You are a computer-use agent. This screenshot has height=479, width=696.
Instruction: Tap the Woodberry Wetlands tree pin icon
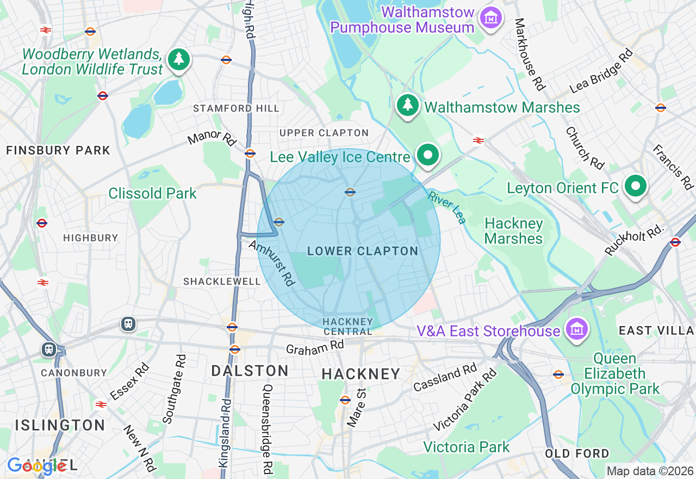coord(179,59)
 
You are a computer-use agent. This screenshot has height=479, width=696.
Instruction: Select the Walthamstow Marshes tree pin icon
coord(407,105)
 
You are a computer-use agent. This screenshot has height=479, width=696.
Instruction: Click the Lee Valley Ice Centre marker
coord(428,155)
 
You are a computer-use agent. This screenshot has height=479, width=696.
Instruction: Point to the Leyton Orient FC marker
coord(635,186)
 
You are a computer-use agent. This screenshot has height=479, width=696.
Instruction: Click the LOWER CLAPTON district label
coord(363,251)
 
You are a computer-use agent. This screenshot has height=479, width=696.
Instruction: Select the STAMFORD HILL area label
coord(236,108)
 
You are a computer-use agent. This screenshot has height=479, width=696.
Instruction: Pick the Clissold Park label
coord(152,193)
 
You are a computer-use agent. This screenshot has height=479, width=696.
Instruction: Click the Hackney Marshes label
coord(513,231)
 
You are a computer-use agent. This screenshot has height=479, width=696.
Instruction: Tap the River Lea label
coord(447,207)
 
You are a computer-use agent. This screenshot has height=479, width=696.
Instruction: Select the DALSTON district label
coord(250,371)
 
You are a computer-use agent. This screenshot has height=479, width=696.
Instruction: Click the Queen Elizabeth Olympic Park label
coord(615,374)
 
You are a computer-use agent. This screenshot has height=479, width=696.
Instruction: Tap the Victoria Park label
coord(466,447)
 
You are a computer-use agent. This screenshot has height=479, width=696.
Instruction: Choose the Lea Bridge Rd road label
coord(601,71)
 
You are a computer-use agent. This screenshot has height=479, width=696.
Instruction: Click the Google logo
coord(37,466)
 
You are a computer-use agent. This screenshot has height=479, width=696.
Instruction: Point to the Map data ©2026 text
coord(650,471)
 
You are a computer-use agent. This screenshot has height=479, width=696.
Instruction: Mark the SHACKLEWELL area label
coord(222,281)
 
